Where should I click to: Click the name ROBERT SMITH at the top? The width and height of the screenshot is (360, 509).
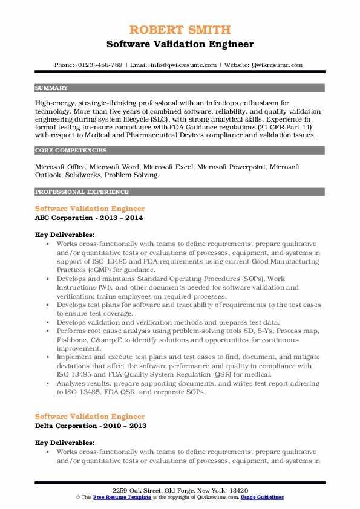[x=180, y=30]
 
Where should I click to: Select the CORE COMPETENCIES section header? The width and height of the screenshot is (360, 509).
[x=64, y=149]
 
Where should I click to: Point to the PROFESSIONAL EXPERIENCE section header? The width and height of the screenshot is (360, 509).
[x=73, y=192]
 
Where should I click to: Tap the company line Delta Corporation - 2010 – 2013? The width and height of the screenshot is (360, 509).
[x=91, y=426]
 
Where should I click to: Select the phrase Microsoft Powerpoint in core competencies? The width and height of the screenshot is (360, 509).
[x=235, y=166]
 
